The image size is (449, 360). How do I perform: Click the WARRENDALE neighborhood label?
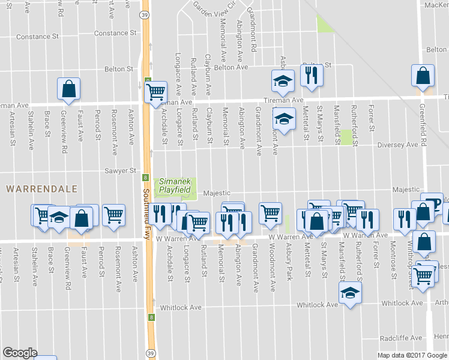41,188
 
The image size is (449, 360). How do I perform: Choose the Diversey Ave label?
397,145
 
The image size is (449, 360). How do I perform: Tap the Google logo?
20,353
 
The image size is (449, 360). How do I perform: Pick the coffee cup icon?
432,202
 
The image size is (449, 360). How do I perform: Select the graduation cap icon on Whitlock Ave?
350,293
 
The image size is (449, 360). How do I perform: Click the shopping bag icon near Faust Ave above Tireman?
69,88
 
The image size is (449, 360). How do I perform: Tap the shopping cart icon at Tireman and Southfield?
155,92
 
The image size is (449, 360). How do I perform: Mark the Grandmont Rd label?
254,36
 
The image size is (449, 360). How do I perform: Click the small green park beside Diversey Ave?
346,136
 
